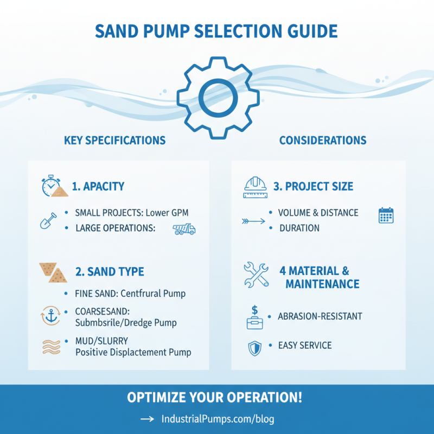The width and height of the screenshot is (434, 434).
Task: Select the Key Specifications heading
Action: tap(114, 141)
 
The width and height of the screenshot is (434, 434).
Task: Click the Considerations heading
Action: tap(323, 141)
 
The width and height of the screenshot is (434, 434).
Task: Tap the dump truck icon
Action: tap(184, 229)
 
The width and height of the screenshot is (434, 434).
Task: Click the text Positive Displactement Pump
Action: tap(133, 353)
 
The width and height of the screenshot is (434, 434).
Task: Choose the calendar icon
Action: tap(386, 215)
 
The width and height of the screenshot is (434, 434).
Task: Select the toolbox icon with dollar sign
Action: tap(254, 317)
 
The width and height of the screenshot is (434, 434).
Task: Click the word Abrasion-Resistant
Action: tap(320, 316)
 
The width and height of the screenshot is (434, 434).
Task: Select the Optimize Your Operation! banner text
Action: tap(214, 397)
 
